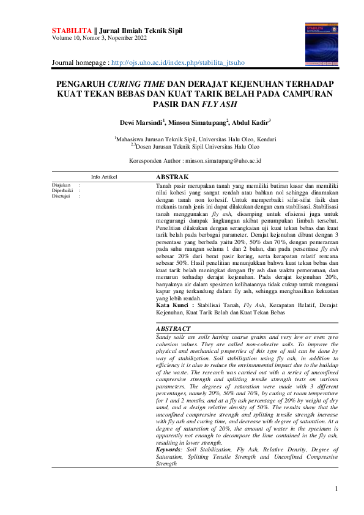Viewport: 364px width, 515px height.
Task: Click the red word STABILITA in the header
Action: (69, 29)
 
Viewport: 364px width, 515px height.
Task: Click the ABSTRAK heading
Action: (173, 177)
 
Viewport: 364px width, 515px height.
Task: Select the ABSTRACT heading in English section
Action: (174, 328)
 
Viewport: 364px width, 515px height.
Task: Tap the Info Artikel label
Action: (104, 177)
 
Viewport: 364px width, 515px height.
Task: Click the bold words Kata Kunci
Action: (171, 304)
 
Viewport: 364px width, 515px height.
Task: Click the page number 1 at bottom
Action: (336, 488)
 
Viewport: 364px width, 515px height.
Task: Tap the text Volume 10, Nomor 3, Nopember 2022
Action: (100, 37)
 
